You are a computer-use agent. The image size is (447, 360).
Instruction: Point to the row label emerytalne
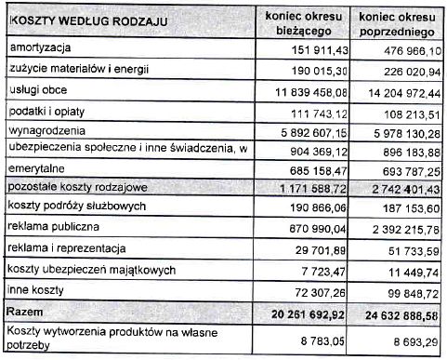point(36,170)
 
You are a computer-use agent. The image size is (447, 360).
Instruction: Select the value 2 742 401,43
point(401,189)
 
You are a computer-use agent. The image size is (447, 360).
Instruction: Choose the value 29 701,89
point(322,251)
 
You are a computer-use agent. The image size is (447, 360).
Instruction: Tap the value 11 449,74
point(413,271)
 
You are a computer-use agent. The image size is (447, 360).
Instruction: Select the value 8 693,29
point(415,342)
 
